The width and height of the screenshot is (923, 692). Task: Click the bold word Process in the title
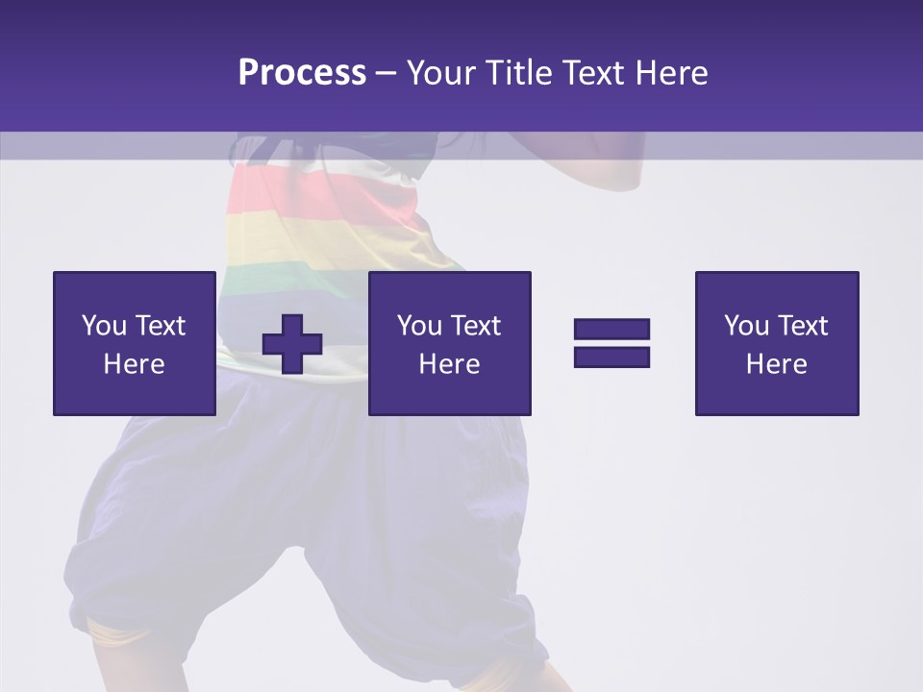pos(302,73)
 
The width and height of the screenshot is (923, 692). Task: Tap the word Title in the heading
pos(517,73)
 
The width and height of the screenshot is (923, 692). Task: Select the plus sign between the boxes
pos(292,344)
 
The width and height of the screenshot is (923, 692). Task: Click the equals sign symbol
pos(611,343)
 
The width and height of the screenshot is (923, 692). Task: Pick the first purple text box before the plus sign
pos(135,343)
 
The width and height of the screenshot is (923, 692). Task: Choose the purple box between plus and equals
pos(449,343)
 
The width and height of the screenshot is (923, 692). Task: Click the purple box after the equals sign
pos(776,343)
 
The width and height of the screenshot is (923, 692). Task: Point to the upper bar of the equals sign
pos(611,330)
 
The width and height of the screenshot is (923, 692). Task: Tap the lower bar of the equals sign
pos(611,357)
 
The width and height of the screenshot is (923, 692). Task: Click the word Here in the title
pos(669,73)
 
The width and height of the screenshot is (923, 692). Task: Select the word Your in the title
pos(441,73)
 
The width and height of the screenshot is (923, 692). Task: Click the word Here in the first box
pos(135,363)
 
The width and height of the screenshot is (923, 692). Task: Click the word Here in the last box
pos(776,363)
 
